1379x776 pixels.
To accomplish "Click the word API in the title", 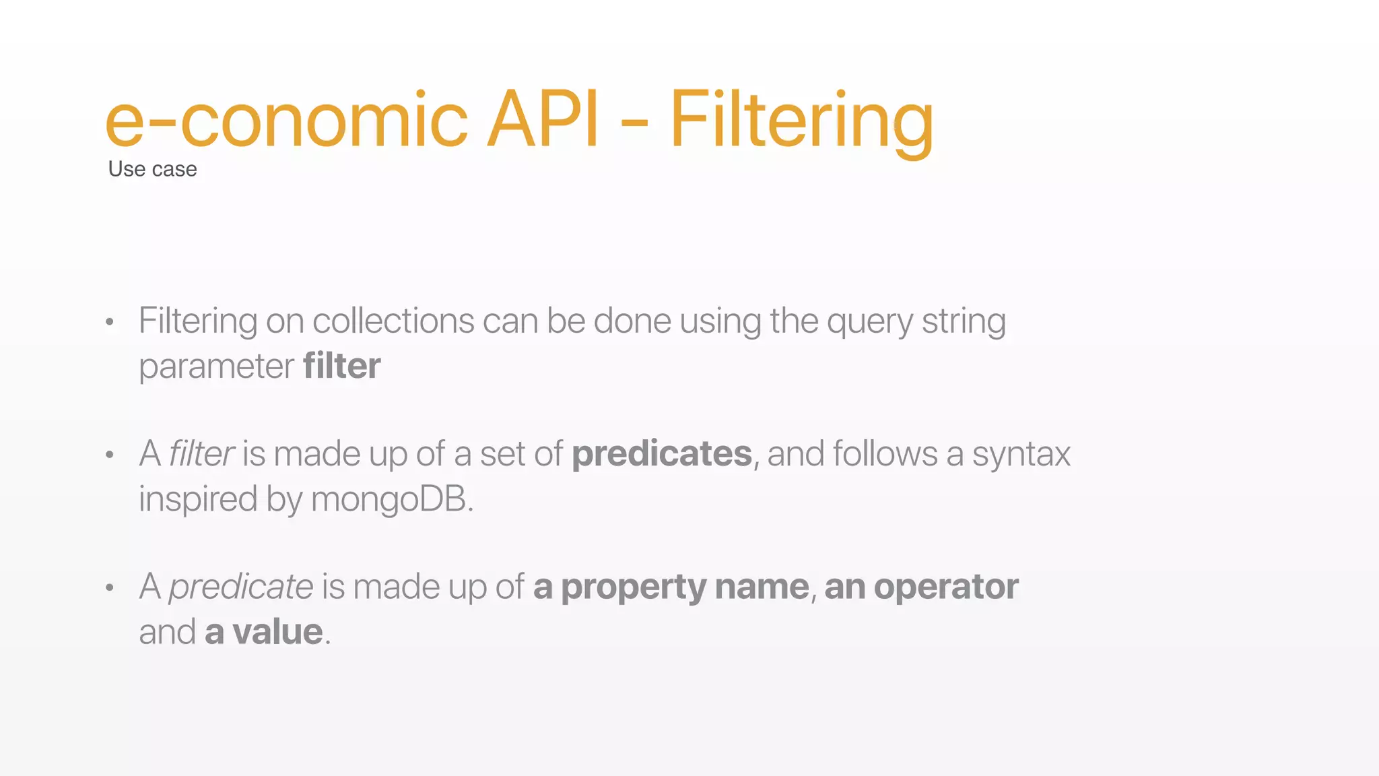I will (542, 119).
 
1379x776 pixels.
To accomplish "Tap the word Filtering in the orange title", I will (801, 121).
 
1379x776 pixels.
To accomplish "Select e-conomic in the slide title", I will (286, 121).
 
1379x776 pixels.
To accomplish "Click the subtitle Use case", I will (152, 169).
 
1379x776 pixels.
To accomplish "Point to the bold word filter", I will (341, 366).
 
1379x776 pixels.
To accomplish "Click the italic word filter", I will (201, 453).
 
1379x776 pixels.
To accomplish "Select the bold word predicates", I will (661, 453).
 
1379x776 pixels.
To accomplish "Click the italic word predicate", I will (240, 586).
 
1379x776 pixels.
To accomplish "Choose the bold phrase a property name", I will (671, 587).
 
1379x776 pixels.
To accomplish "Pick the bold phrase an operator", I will (920, 586).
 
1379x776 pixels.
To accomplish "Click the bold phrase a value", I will (263, 632).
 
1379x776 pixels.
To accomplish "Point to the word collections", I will (393, 321).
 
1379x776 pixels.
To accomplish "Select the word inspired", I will (198, 499).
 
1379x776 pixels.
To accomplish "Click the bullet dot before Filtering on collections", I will (110, 322).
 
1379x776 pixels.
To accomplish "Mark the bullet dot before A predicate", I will (110, 587).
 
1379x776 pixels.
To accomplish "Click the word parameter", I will (216, 367).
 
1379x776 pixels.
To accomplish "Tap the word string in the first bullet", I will (964, 321).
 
